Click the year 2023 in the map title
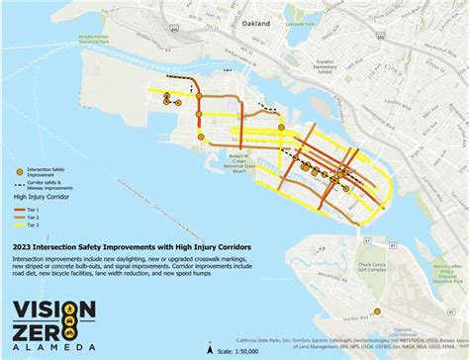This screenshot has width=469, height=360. click(23, 245)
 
